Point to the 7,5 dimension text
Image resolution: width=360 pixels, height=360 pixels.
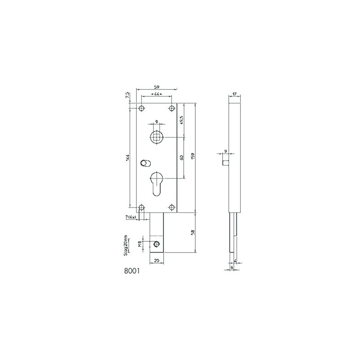pyautogui.click(x=128, y=96)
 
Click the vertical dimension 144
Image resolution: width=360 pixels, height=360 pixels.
pyautogui.click(x=128, y=157)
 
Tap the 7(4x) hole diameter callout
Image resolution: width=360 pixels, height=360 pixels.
pyautogui.click(x=132, y=218)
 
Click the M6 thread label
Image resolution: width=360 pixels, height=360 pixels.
pyautogui.click(x=140, y=244)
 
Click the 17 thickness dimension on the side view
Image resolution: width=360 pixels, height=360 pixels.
pyautogui.click(x=234, y=94)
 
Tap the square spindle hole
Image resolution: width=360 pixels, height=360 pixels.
pyautogui.click(x=157, y=136)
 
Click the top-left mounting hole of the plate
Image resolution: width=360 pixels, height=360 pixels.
pyautogui.click(x=141, y=108)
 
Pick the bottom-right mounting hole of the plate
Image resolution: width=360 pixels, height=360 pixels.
pyautogui.click(x=171, y=207)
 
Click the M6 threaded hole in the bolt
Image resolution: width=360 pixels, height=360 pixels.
pyautogui.click(x=157, y=244)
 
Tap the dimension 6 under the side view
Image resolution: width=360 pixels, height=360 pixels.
pyautogui.click(x=232, y=267)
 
